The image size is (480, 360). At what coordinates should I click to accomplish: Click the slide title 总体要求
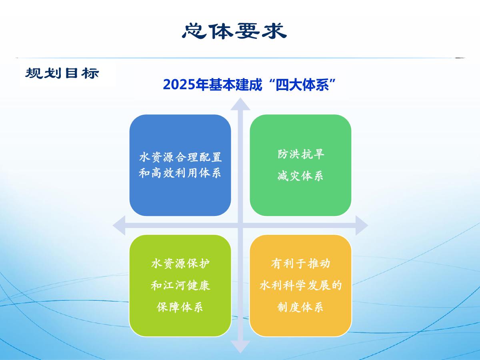click(234, 31)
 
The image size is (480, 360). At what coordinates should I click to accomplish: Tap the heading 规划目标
click(62, 73)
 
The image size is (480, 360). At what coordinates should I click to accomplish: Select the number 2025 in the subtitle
click(179, 84)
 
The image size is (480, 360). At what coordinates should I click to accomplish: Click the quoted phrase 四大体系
click(302, 84)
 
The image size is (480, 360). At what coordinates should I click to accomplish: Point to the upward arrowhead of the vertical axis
click(240, 104)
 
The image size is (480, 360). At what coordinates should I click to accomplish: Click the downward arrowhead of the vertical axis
click(240, 346)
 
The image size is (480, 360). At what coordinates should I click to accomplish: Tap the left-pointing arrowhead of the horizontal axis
click(119, 225)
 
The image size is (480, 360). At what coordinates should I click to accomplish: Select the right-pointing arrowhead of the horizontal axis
click(362, 225)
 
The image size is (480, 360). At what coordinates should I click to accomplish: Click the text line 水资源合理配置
click(180, 157)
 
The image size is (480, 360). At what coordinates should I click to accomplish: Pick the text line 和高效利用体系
click(180, 173)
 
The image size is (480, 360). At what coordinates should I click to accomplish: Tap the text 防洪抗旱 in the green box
click(301, 154)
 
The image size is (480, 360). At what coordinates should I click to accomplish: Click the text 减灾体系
click(300, 176)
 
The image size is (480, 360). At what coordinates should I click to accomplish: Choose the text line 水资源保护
click(180, 263)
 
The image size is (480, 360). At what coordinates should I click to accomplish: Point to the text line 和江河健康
click(180, 286)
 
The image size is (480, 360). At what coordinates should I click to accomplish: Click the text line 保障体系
click(180, 307)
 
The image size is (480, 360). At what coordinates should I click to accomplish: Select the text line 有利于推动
click(301, 263)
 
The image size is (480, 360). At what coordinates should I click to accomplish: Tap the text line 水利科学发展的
click(301, 286)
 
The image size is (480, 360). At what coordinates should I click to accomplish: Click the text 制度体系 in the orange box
click(300, 307)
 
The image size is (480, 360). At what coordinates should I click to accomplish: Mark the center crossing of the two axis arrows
click(240, 225)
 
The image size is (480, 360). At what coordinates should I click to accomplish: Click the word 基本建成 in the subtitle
click(235, 84)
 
